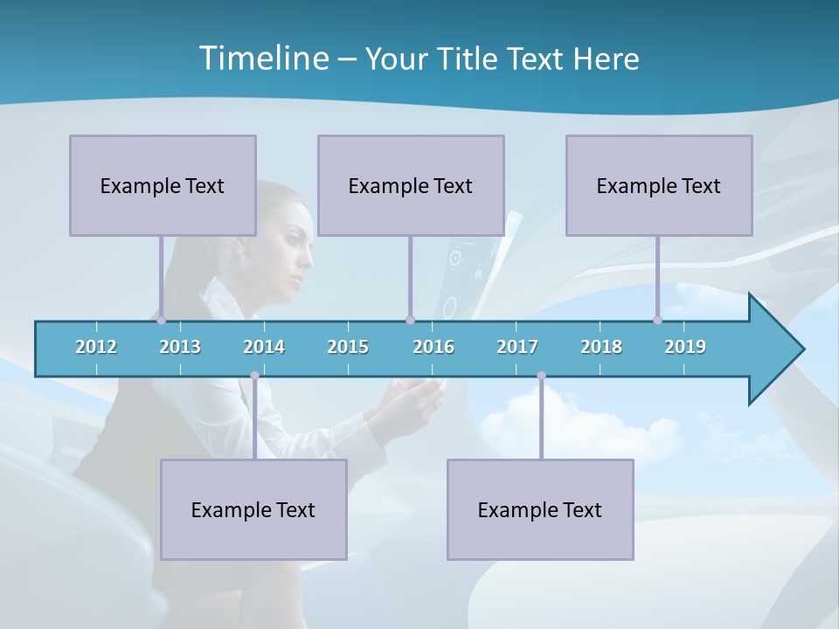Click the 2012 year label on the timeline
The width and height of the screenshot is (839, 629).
[96, 347]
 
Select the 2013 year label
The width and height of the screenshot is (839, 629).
[180, 347]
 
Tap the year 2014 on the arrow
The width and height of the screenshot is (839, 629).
[264, 347]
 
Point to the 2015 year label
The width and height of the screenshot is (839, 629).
[348, 347]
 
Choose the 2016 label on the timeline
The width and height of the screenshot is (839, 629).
[433, 347]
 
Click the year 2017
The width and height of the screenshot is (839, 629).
[517, 347]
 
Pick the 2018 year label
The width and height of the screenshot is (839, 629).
[601, 347]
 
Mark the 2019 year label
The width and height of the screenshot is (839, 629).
[685, 347]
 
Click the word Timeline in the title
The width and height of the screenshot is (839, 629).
[262, 59]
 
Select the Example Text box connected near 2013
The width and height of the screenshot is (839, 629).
[163, 185]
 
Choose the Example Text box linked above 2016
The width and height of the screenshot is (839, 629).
[411, 185]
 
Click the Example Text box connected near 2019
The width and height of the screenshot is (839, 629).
[659, 185]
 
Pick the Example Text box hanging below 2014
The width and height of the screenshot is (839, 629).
[253, 509]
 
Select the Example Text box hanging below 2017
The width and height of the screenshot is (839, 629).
[540, 509]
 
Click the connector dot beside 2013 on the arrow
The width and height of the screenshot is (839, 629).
[161, 320]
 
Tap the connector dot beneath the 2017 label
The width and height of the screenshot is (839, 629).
[541, 376]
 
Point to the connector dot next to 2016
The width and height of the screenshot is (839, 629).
[410, 320]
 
